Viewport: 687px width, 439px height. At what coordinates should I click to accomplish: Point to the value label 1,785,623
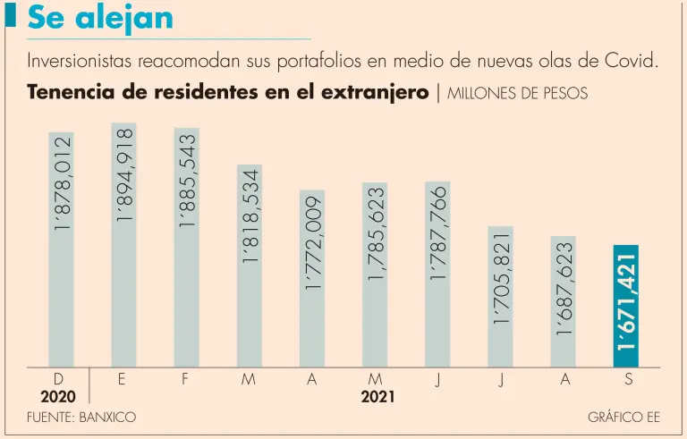coord(375,234)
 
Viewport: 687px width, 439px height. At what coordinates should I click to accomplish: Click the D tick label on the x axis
coord(58,379)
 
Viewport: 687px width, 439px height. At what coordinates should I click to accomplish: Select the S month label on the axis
coord(628,379)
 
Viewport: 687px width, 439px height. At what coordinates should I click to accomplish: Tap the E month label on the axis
coord(122,379)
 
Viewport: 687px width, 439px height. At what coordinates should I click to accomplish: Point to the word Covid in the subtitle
coord(633,62)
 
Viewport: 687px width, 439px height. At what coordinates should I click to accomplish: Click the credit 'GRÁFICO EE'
coord(623,418)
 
